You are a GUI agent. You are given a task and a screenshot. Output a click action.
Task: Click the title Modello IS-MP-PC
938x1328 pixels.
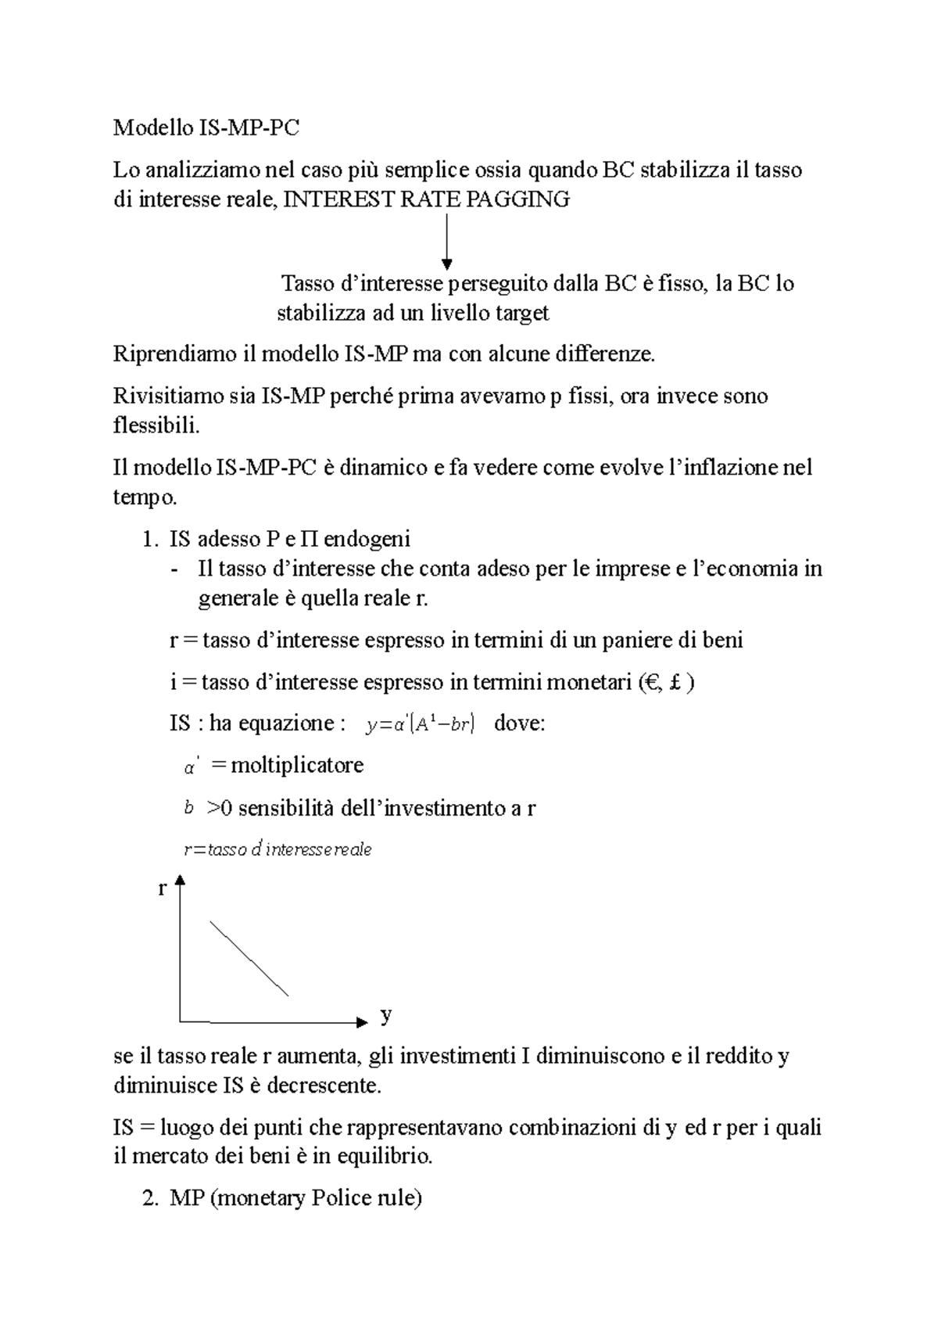(206, 128)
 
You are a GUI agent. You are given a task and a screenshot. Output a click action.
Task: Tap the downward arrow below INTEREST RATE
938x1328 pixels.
(446, 242)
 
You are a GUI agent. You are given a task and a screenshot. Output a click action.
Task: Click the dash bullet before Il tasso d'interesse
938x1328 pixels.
(173, 569)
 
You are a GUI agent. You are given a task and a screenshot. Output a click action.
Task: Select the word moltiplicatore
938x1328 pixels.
(297, 764)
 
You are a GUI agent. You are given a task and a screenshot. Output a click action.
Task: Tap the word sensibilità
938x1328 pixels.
(285, 808)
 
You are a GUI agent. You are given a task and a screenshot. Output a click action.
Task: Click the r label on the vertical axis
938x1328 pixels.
(162, 888)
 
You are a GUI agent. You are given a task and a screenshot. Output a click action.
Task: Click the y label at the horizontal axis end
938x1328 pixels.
(385, 1016)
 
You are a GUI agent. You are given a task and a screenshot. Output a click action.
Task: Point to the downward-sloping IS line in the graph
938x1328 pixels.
(249, 958)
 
